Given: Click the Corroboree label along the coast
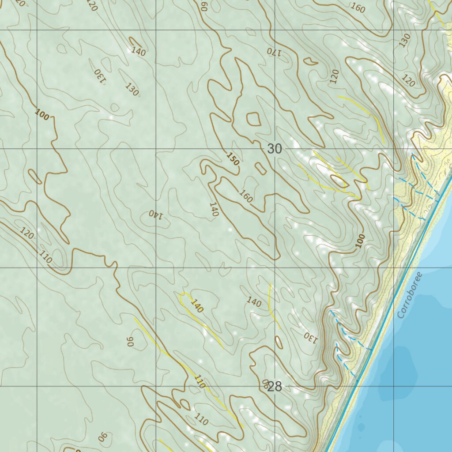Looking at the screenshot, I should coord(410,295).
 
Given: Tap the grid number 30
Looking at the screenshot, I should coord(274,149).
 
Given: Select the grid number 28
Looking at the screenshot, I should coord(274,387).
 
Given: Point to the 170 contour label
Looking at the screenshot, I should coord(274,51).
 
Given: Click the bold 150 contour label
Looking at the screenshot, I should coord(233,158).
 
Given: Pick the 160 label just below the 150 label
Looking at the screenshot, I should coord(246,196).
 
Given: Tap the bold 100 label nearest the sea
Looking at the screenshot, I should coord(361,241).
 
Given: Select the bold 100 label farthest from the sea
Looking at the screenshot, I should coord(42,116).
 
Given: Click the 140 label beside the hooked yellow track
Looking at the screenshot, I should coord(197,306).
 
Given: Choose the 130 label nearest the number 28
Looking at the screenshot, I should coord(310,338).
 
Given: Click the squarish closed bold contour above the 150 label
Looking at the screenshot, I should coord(253,119).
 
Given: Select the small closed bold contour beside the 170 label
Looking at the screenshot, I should coord(311,61).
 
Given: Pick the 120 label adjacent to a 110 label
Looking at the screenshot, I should coord(26,234).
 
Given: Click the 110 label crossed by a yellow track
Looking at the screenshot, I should coord(200,382).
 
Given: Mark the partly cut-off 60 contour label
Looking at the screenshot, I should coord(203,5).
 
